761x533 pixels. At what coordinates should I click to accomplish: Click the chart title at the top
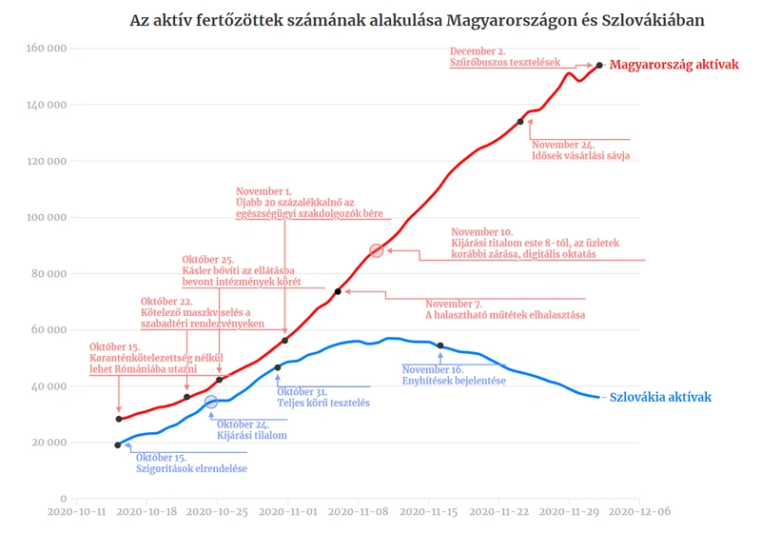tap(417, 20)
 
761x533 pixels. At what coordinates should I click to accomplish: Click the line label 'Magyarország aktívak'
tap(674, 65)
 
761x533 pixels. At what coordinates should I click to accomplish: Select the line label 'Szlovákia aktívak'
tap(660, 397)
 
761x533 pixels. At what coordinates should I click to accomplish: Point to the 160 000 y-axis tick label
tap(47, 48)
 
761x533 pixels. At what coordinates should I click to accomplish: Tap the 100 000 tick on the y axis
tap(47, 217)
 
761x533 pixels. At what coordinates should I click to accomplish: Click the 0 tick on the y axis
tap(64, 499)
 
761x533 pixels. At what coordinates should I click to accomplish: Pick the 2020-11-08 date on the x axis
tap(359, 512)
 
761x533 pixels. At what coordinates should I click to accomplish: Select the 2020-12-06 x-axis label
tap(639, 512)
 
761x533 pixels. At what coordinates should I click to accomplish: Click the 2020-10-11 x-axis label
tap(77, 512)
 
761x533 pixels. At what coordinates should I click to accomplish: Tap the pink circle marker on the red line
tap(376, 250)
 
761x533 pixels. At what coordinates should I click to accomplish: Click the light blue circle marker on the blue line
tap(210, 402)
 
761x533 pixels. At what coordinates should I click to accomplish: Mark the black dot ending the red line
tap(599, 65)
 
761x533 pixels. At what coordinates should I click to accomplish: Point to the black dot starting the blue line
tap(117, 444)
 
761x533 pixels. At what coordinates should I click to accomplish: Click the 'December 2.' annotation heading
tap(478, 51)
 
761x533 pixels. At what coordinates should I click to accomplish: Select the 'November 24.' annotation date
tap(563, 145)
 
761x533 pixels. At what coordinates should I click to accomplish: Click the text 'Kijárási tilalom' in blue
tap(252, 435)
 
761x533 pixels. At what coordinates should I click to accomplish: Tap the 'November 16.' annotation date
tap(433, 369)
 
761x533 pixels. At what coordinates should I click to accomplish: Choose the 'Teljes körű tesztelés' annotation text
tap(323, 403)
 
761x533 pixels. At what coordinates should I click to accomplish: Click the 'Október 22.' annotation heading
tap(166, 301)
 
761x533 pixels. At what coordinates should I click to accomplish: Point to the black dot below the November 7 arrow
tap(338, 291)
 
